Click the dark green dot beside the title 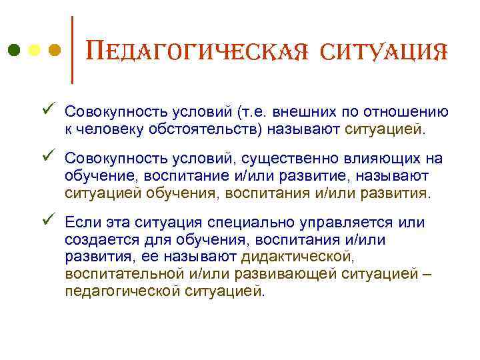13,51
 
